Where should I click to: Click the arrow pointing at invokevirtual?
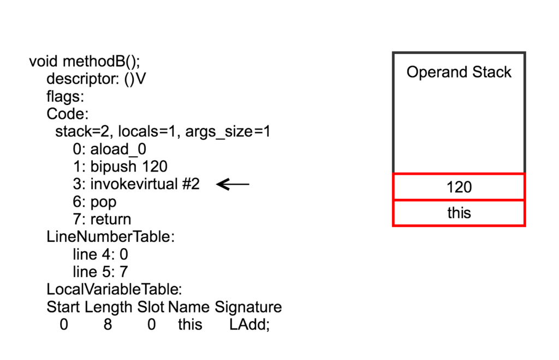click(233, 185)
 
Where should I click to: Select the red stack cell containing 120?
click(459, 187)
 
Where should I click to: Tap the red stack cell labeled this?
click(459, 213)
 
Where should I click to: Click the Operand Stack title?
click(459, 73)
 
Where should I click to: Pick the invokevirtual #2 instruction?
click(136, 185)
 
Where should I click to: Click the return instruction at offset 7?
click(102, 220)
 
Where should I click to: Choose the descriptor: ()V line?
click(96, 79)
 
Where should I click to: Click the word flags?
click(65, 97)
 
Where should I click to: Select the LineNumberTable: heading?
click(110, 237)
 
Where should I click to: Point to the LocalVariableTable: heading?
click(114, 290)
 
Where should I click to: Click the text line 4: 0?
click(100, 255)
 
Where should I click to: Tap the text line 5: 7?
click(100, 272)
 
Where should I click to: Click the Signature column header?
click(248, 307)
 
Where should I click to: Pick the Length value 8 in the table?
click(108, 324)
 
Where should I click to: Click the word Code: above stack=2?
click(67, 114)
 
